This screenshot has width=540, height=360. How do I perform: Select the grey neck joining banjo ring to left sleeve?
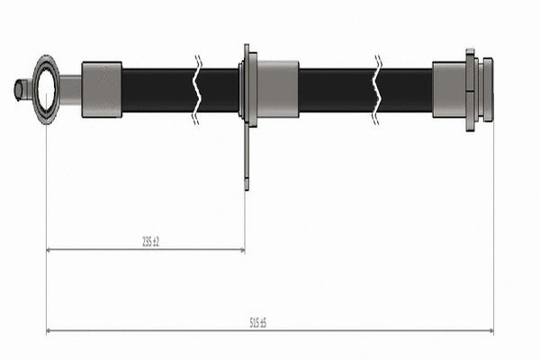coord(70,89)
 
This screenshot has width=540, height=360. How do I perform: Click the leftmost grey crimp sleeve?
coord(102,89)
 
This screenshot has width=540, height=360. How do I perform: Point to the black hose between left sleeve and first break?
coord(157,89)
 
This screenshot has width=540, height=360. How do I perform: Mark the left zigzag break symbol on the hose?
coord(198,89)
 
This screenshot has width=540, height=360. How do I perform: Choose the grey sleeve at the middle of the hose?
coord(277,89)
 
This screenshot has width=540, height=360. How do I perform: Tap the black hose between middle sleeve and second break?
coord(335,89)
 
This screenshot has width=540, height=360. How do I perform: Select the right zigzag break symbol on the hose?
coord(378,89)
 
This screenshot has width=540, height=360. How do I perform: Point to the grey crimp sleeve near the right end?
coord(448,89)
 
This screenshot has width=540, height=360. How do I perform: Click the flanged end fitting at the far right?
coord(480,89)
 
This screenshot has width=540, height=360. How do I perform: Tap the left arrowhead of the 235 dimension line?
coord(49,250)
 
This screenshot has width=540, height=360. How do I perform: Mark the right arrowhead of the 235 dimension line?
coord(241,250)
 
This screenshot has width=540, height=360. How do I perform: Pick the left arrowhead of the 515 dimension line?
coord(49,330)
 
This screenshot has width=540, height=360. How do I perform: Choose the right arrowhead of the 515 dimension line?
coord(490,330)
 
